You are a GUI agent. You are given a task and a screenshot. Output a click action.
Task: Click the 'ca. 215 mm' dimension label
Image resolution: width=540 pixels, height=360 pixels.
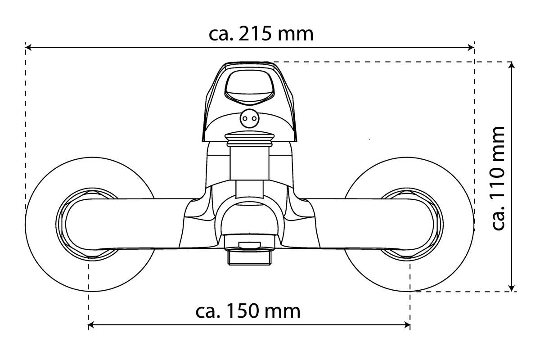(261, 34)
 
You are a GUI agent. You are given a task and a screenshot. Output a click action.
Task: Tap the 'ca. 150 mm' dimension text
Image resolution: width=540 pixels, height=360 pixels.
(248, 311)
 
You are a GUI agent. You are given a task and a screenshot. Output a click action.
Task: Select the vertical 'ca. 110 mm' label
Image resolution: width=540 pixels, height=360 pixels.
(498, 178)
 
